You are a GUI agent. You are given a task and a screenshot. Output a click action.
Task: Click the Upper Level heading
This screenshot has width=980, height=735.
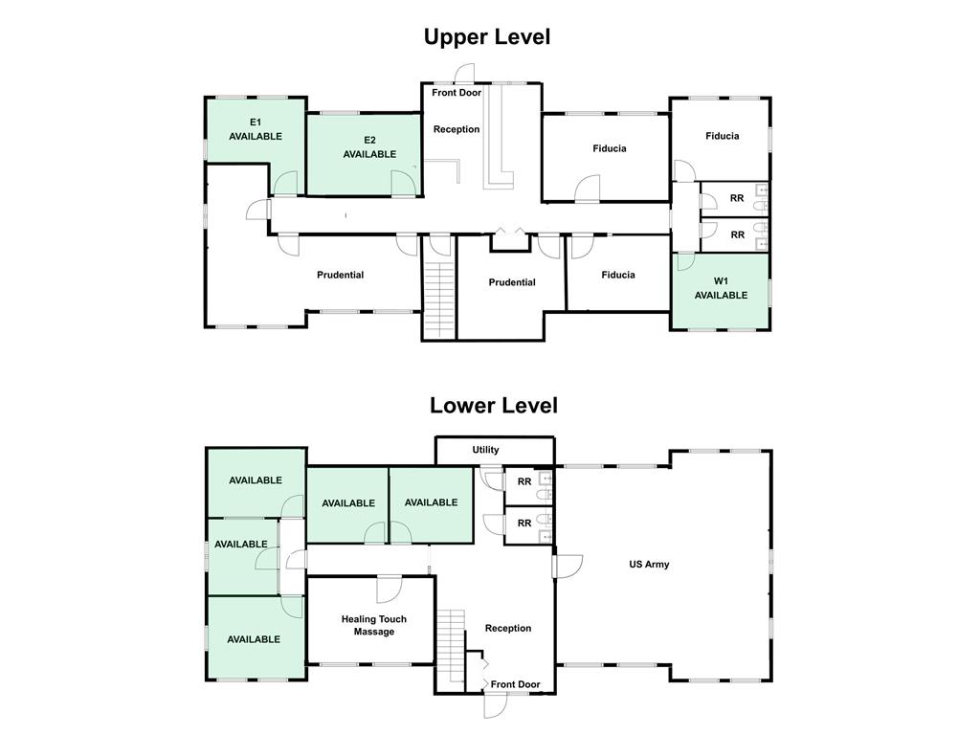click(487, 37)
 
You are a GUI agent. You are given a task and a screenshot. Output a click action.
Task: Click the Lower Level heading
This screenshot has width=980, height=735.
click(493, 405)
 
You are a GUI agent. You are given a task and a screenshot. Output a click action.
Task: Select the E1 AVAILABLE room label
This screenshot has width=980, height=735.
click(256, 129)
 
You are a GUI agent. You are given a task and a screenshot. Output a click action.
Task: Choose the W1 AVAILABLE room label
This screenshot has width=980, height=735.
click(721, 288)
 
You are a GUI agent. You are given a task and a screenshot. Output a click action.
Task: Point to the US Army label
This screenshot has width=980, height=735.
click(649, 565)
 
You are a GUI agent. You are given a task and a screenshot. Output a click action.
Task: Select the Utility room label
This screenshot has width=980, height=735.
click(485, 450)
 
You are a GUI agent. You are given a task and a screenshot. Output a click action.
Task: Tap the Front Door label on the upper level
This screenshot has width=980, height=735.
click(457, 93)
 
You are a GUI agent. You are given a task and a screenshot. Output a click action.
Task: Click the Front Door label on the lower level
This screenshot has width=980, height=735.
click(515, 684)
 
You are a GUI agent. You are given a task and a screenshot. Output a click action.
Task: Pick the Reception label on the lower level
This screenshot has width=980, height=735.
click(507, 629)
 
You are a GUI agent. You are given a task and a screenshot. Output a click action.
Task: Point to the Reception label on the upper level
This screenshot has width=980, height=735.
click(457, 129)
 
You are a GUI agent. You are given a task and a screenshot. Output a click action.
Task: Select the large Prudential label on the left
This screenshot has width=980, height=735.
click(340, 276)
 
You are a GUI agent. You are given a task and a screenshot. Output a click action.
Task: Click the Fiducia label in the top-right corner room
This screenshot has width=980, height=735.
click(722, 136)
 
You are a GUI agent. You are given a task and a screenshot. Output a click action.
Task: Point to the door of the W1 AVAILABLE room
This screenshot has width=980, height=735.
click(685, 262)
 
